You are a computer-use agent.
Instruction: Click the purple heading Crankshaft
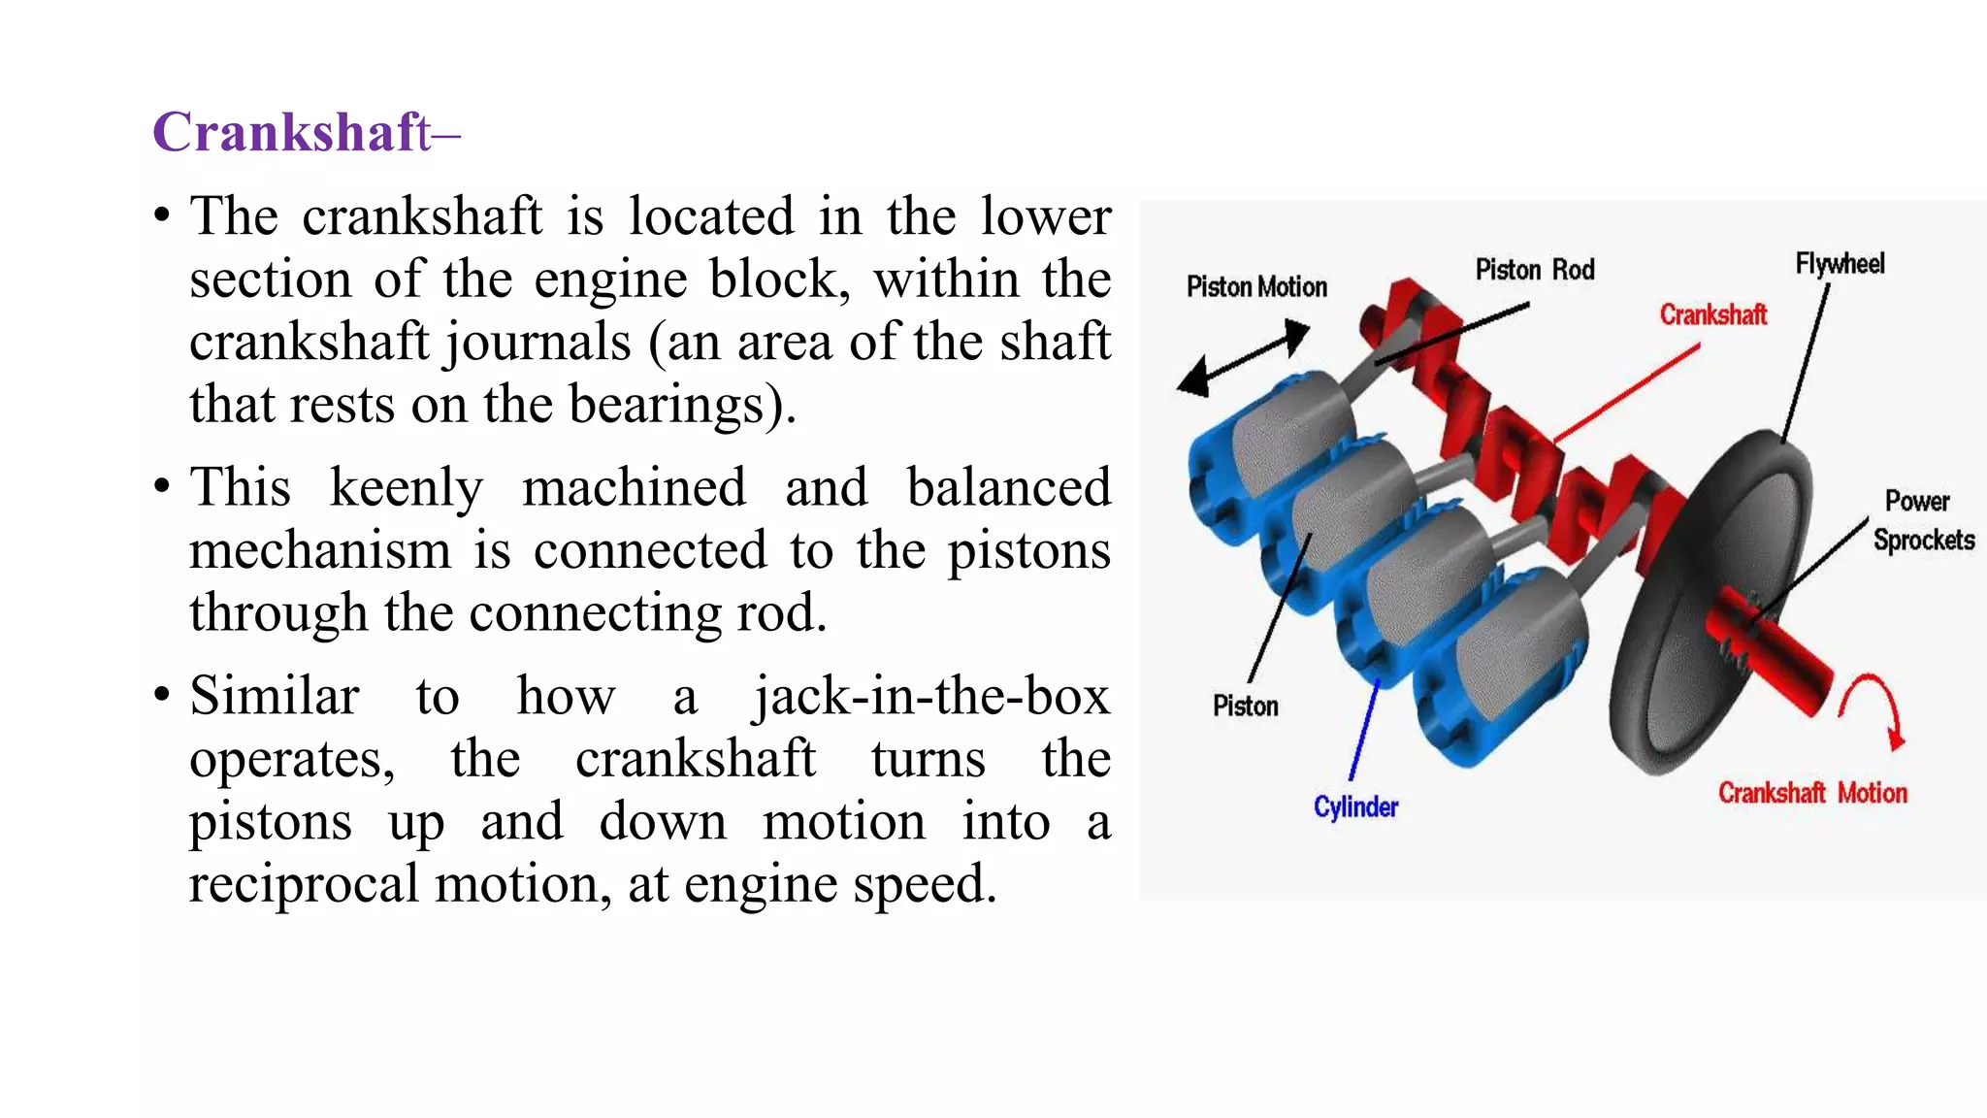(292, 132)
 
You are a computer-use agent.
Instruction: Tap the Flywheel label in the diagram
(1840, 264)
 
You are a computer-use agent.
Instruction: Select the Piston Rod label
(1535, 270)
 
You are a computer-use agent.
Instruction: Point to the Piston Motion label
(1256, 287)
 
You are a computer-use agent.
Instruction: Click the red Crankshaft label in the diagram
(1712, 315)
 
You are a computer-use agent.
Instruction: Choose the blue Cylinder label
(1355, 807)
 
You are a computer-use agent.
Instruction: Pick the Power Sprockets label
(1922, 521)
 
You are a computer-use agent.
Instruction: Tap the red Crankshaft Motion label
(1811, 794)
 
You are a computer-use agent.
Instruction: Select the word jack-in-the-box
(931, 697)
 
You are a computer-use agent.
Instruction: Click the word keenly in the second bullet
(406, 488)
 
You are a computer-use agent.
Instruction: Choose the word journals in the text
(537, 343)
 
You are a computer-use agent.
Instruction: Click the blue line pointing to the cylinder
(1364, 728)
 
